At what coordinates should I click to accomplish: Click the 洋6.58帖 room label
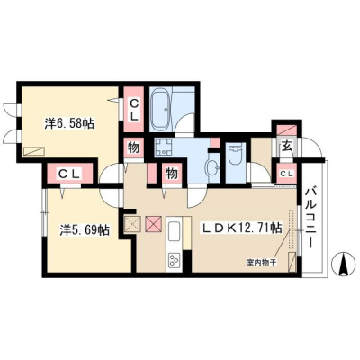click(69, 123)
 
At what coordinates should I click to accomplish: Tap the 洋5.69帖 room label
click(85, 230)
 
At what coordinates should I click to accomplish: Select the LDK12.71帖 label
click(241, 229)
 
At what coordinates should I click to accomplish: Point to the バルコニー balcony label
click(310, 217)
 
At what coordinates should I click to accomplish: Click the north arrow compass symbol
click(343, 263)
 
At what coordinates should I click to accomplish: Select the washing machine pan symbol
click(164, 147)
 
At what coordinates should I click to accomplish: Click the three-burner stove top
click(174, 260)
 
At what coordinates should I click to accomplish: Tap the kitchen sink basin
click(175, 231)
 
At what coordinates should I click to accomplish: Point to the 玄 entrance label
click(287, 147)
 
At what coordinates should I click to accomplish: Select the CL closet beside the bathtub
click(134, 110)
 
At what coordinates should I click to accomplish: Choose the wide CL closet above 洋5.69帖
click(70, 174)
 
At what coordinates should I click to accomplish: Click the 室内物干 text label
click(262, 263)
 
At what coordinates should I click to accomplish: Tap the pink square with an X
click(154, 224)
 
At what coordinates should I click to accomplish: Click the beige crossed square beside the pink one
click(132, 224)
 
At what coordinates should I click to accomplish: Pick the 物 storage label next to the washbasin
click(172, 174)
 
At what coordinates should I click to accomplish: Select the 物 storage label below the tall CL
click(134, 148)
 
